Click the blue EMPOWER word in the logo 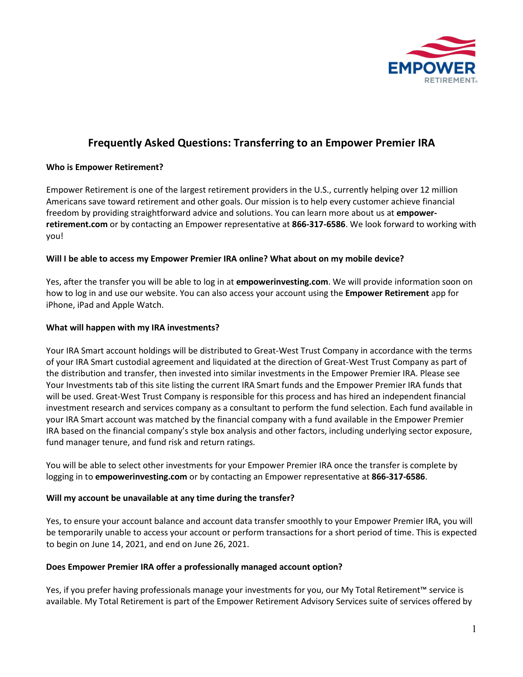point(431,68)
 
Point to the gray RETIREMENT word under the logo point(449,80)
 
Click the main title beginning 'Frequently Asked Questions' point(261,143)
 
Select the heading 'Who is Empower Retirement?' point(105,167)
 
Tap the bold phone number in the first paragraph point(318,225)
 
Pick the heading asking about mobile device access point(225,259)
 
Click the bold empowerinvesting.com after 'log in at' point(282,282)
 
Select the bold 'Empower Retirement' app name point(387,293)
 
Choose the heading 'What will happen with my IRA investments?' point(132,328)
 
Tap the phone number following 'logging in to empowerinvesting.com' point(398,477)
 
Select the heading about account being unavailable point(170,498)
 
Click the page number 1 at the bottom point(474,629)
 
